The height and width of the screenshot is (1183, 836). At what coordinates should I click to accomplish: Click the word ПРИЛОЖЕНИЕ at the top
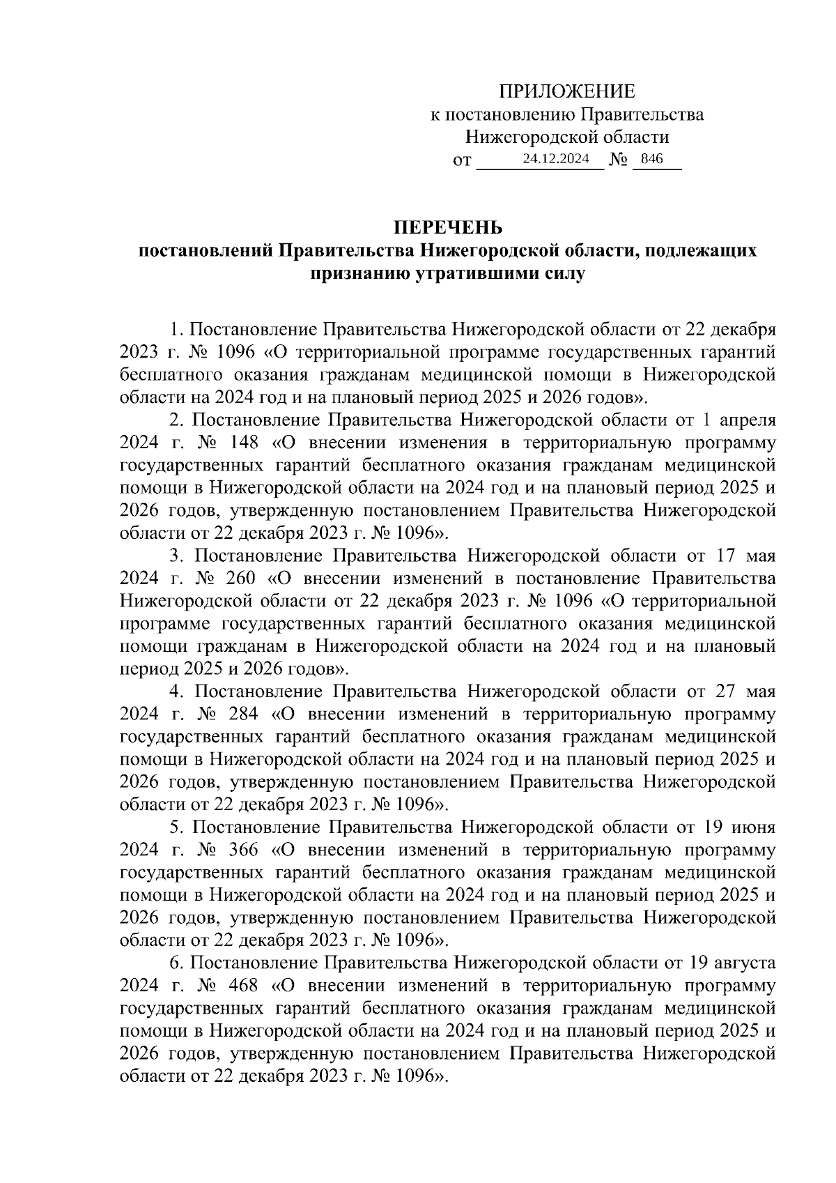(566, 91)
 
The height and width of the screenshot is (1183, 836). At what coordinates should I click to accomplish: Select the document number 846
(651, 158)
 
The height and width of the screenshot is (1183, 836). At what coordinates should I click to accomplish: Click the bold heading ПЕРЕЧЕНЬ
(448, 228)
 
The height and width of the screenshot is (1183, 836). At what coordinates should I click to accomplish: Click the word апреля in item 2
(747, 420)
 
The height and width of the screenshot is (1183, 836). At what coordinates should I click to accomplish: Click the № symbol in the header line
(619, 160)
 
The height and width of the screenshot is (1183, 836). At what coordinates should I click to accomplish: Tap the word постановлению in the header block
(509, 114)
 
